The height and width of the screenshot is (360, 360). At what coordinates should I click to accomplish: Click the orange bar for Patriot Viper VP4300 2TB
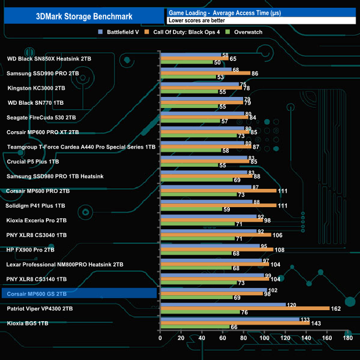[x=244, y=308]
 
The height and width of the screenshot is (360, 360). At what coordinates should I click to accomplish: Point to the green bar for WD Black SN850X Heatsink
[x=186, y=63]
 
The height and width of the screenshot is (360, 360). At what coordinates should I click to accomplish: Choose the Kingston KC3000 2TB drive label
[x=37, y=88]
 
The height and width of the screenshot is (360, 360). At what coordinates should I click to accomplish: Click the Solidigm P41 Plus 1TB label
[x=36, y=205]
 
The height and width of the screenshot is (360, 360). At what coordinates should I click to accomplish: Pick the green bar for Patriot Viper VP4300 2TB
[x=199, y=312]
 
